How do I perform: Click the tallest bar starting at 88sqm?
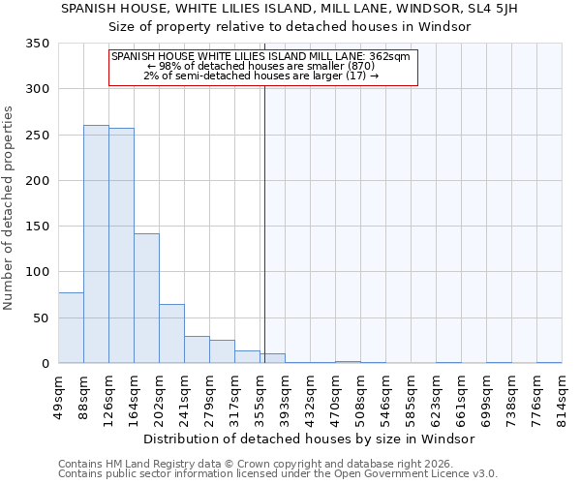(96, 244)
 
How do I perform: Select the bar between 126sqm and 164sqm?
(121, 246)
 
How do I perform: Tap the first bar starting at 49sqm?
(71, 327)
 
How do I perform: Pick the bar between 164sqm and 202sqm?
(146, 298)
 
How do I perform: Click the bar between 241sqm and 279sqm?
(197, 349)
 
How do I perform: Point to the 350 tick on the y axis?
(38, 44)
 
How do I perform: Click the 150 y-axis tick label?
(38, 227)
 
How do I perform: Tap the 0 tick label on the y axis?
(45, 364)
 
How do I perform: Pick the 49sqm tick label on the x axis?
(59, 396)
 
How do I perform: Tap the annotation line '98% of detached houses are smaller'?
(261, 66)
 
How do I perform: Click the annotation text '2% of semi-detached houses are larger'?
(261, 76)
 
